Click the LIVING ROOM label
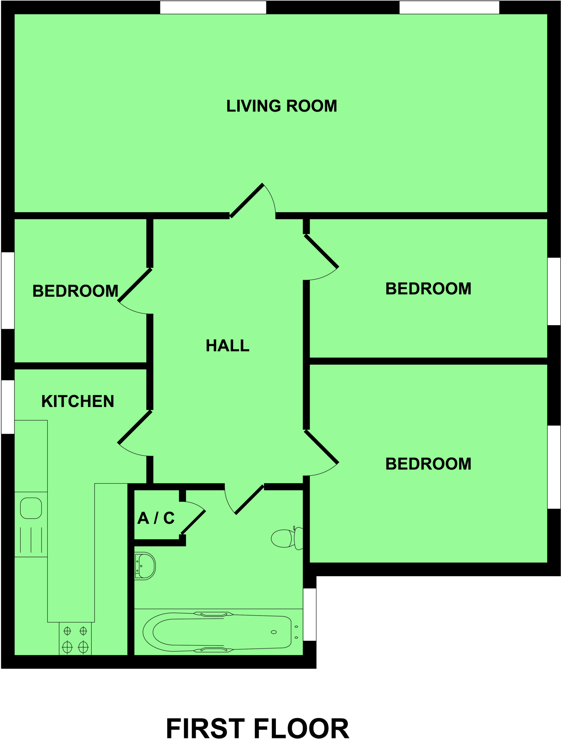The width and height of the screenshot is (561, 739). pos(281,106)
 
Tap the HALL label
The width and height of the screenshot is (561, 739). pos(227,345)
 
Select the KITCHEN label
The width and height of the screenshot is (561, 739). pos(78,401)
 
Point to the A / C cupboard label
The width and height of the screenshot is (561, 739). pos(156,518)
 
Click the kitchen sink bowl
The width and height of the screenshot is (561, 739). pos(31,508)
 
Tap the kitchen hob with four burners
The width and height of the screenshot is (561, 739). pos(75,639)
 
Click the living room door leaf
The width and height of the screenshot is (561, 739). pos(247,201)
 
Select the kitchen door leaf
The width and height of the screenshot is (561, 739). pos(135,427)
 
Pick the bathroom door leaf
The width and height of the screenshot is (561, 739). pos(249,500)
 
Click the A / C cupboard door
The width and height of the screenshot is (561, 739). pos(194,522)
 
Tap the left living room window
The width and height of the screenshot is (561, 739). pos(213,8)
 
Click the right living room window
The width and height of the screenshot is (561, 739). pos(449,8)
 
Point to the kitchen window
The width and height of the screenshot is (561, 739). pos(8,407)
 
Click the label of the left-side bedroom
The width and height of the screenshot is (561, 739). pos(75,291)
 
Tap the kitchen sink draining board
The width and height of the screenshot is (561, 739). pos(31,540)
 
